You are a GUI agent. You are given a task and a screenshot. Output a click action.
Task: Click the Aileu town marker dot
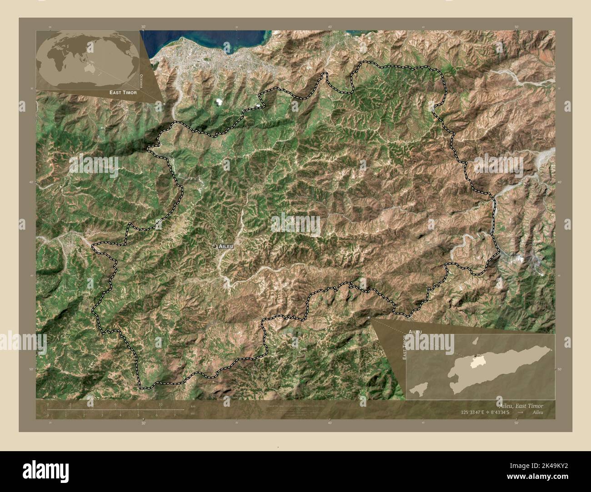[x=214, y=246]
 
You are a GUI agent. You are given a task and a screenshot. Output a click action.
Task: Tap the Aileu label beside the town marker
[x=226, y=246]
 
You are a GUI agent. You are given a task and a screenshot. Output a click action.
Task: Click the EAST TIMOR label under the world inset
[x=123, y=92]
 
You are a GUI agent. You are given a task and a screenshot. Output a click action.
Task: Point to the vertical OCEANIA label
[x=141, y=80]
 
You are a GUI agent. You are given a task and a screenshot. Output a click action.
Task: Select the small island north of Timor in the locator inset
[x=475, y=340]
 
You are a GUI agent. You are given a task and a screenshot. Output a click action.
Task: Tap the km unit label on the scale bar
[x=193, y=406]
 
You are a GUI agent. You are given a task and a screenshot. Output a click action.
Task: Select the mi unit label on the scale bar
[x=193, y=413]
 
